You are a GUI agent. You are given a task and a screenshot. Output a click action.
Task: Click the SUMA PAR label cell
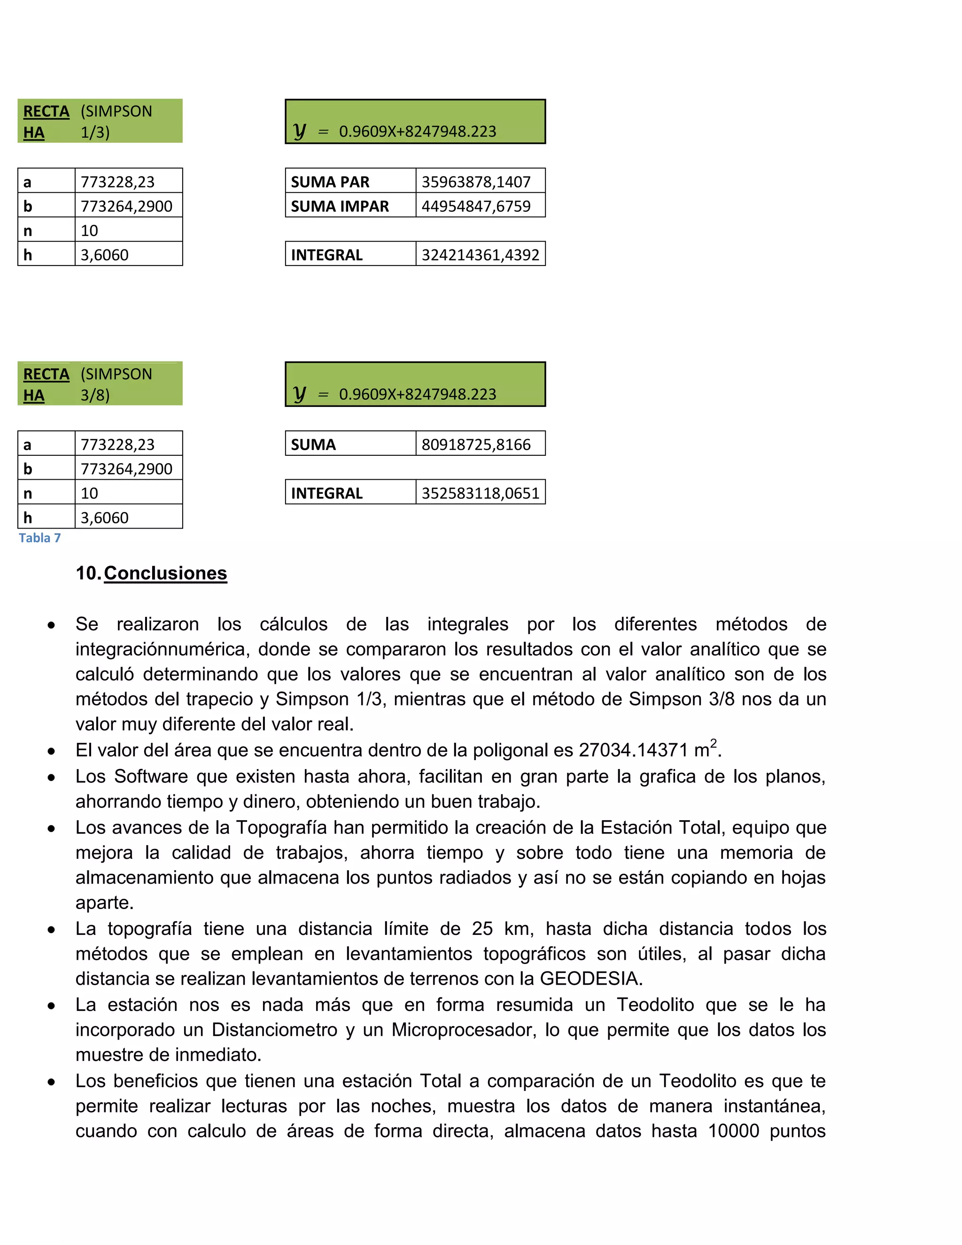pyautogui.click(x=330, y=182)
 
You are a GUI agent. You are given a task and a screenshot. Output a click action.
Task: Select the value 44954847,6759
pyautogui.click(x=476, y=206)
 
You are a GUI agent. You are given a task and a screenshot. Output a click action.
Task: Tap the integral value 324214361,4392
pyautogui.click(x=480, y=254)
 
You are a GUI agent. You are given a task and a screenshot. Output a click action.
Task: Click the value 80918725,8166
pyautogui.click(x=476, y=444)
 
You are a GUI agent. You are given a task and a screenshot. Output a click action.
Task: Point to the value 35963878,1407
pyautogui.click(x=476, y=182)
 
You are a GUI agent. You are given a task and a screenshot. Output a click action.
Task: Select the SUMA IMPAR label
pyautogui.click(x=340, y=206)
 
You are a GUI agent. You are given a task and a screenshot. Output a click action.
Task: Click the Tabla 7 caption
pyautogui.click(x=39, y=537)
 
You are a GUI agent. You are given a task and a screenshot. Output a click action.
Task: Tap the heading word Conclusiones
pyautogui.click(x=165, y=573)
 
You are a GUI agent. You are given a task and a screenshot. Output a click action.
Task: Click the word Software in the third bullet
pyautogui.click(x=151, y=777)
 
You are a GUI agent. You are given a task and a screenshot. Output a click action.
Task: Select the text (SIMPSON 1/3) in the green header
pyautogui.click(x=116, y=121)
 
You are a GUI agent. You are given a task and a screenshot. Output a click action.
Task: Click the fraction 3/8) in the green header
pyautogui.click(x=94, y=395)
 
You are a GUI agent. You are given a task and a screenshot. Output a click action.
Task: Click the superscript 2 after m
pyautogui.click(x=713, y=743)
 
